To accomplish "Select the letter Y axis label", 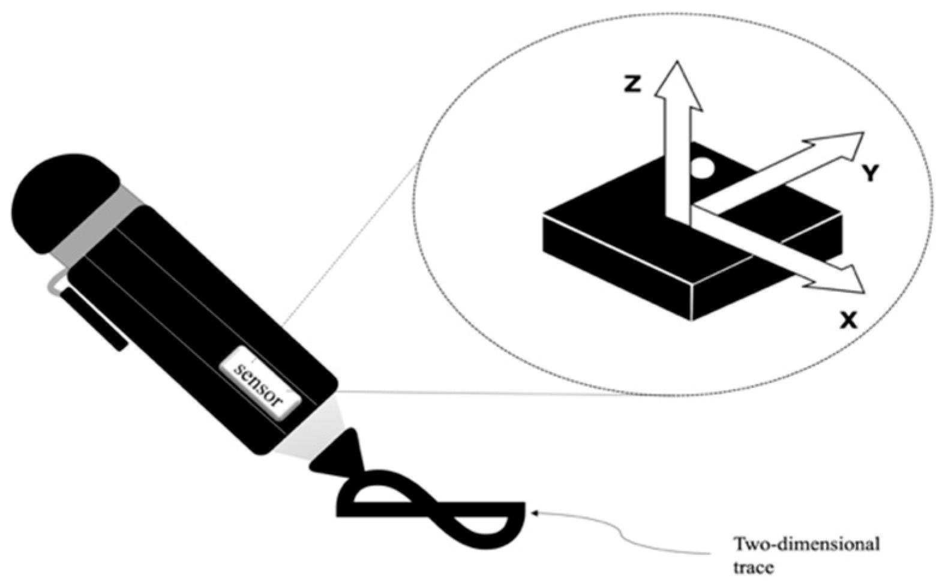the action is click(870, 173).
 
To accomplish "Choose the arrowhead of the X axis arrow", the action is click(835, 280).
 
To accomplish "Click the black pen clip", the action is click(94, 318).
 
